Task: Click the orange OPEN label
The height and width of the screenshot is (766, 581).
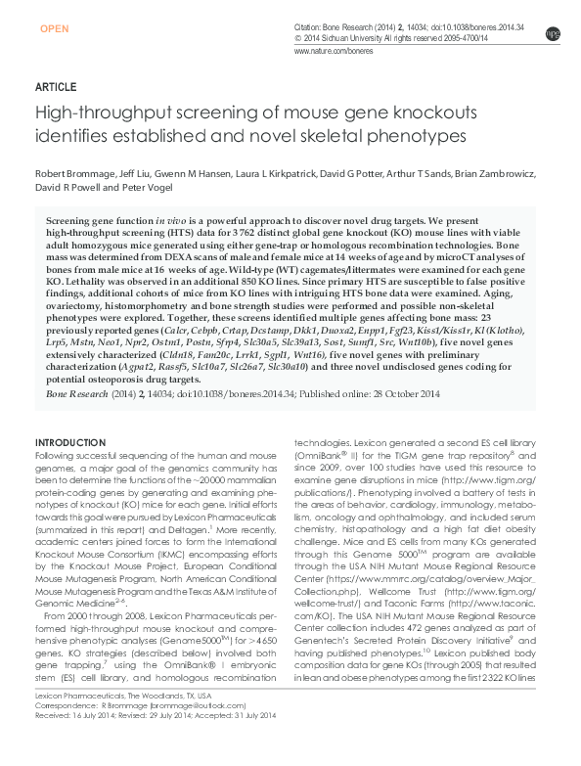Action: coord(55,29)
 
